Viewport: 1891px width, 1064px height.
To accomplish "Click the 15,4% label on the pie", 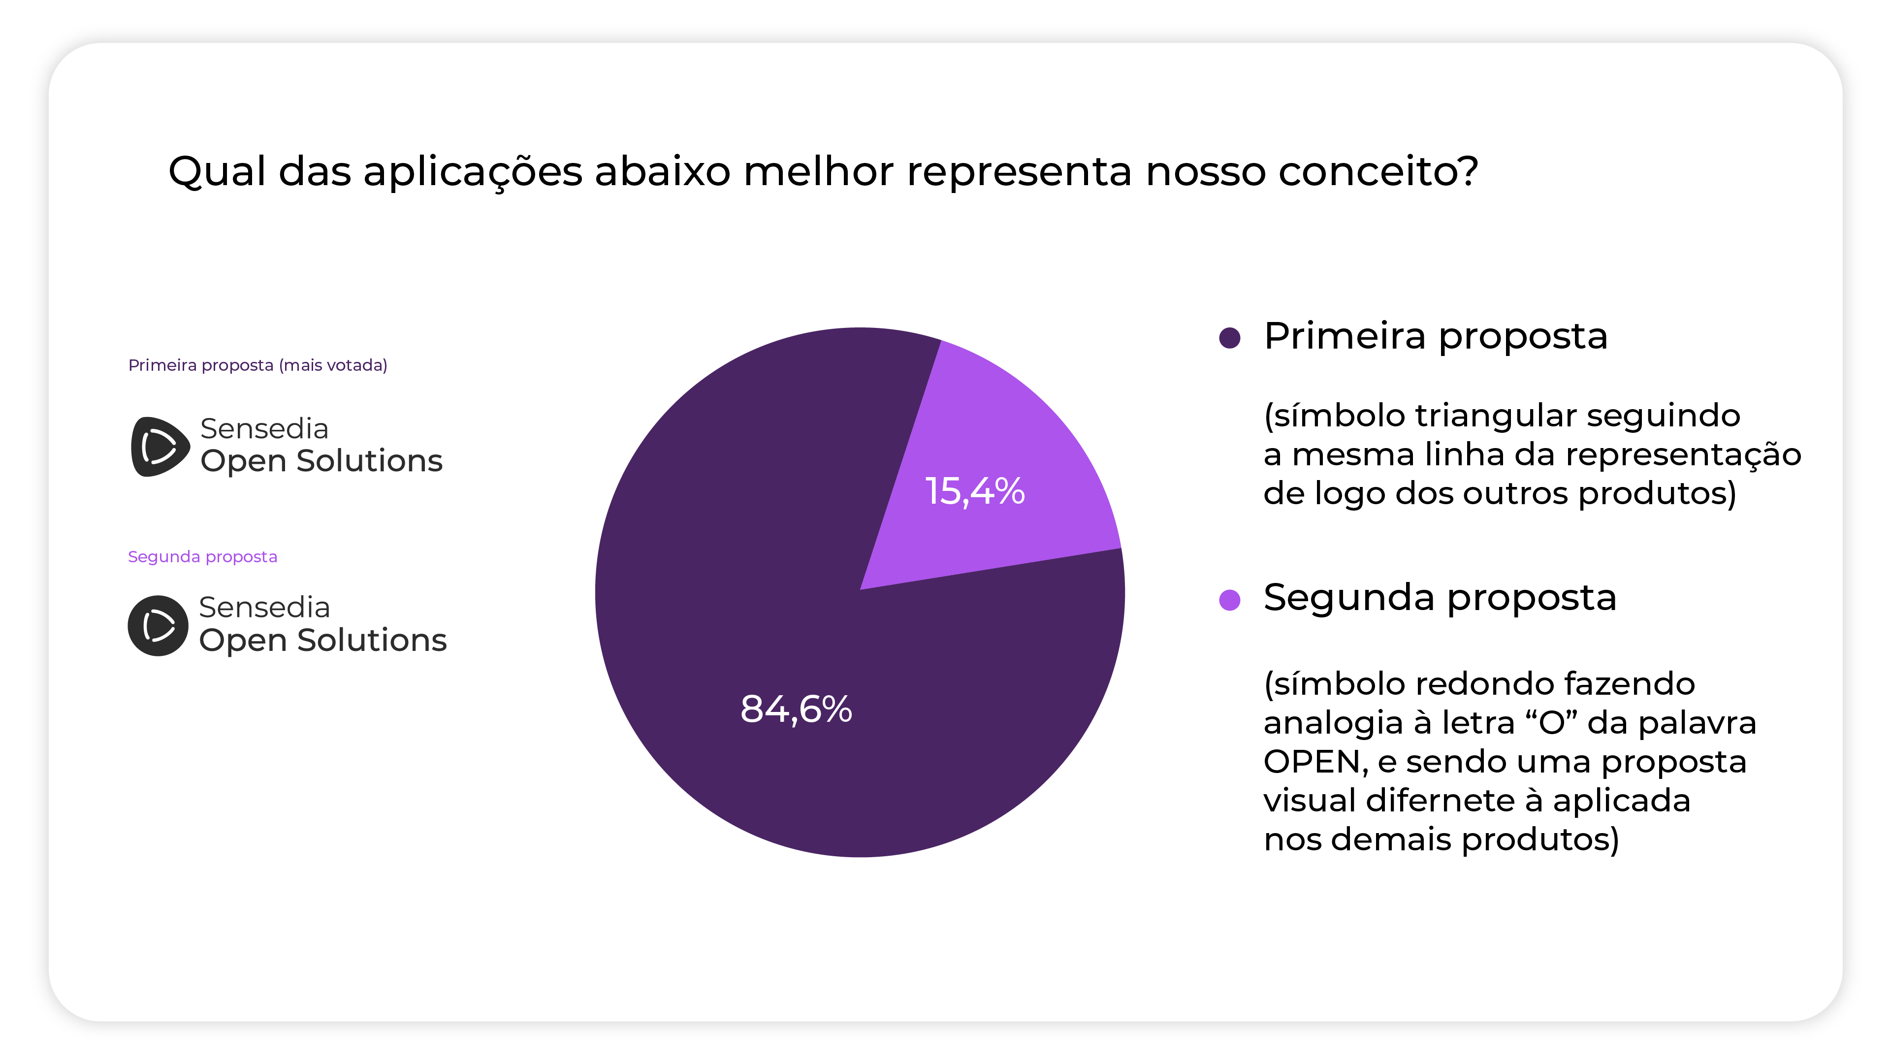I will (974, 491).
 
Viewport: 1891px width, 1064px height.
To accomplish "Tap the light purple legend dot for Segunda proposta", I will (1230, 600).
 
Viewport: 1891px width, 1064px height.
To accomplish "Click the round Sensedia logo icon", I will (158, 626).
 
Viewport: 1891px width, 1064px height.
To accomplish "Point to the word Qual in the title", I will (217, 172).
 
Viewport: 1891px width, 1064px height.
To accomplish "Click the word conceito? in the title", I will (1378, 172).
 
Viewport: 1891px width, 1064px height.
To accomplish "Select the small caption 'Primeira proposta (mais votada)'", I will (257, 365).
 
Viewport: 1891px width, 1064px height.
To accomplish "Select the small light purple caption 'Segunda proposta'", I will (203, 556).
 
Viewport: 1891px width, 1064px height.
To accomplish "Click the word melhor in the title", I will (819, 172).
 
